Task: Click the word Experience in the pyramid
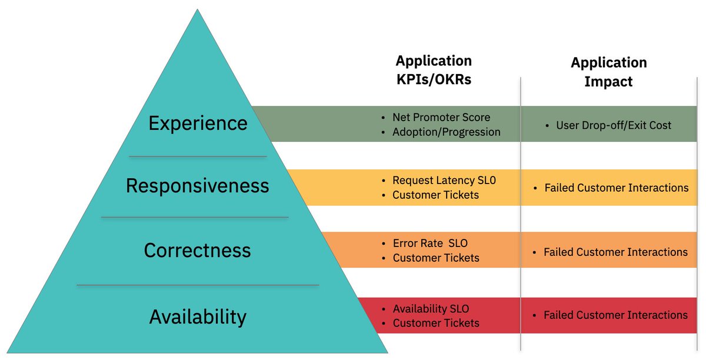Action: [198, 124]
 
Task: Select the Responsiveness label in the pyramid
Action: [198, 186]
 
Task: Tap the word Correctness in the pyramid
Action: [198, 251]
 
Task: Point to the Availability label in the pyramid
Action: [198, 316]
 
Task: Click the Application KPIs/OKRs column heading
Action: [434, 71]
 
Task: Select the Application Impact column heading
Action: [608, 72]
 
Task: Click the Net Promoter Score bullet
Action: [441, 117]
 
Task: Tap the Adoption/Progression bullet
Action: [446, 132]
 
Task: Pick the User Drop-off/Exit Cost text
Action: [614, 125]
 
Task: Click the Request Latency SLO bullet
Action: [444, 181]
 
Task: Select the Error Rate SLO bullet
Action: [430, 243]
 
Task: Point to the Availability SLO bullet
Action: [431, 309]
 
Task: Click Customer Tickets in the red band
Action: [436, 323]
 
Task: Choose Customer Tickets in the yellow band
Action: [436, 195]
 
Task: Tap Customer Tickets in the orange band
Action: [436, 258]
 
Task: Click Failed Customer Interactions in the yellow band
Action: [616, 188]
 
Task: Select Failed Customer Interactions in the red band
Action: [615, 315]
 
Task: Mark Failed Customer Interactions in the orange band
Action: [615, 252]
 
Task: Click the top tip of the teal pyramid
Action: [198, 11]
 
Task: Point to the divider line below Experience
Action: [198, 156]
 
